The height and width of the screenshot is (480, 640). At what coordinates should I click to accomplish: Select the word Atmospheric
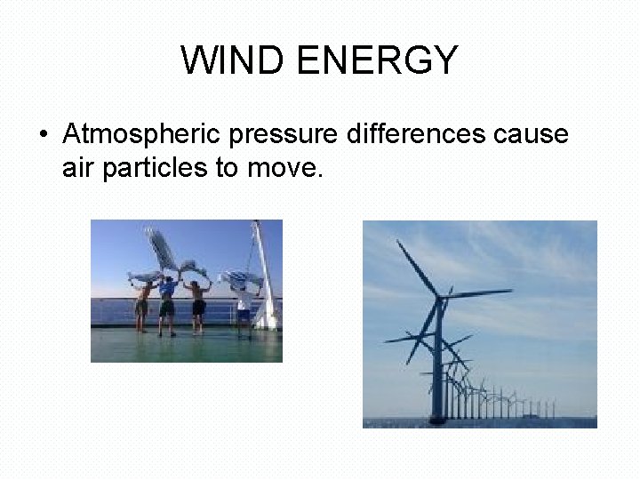(141, 135)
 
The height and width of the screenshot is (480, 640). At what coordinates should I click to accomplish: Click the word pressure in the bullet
(282, 135)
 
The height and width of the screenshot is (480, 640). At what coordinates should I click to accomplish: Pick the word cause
(531, 134)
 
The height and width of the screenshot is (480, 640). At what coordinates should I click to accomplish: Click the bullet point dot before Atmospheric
(43, 135)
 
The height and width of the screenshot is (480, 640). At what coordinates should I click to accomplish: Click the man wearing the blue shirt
(166, 302)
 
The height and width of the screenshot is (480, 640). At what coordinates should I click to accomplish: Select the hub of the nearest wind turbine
(441, 296)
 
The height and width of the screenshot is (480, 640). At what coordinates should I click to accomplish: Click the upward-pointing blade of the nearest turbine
(418, 267)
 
